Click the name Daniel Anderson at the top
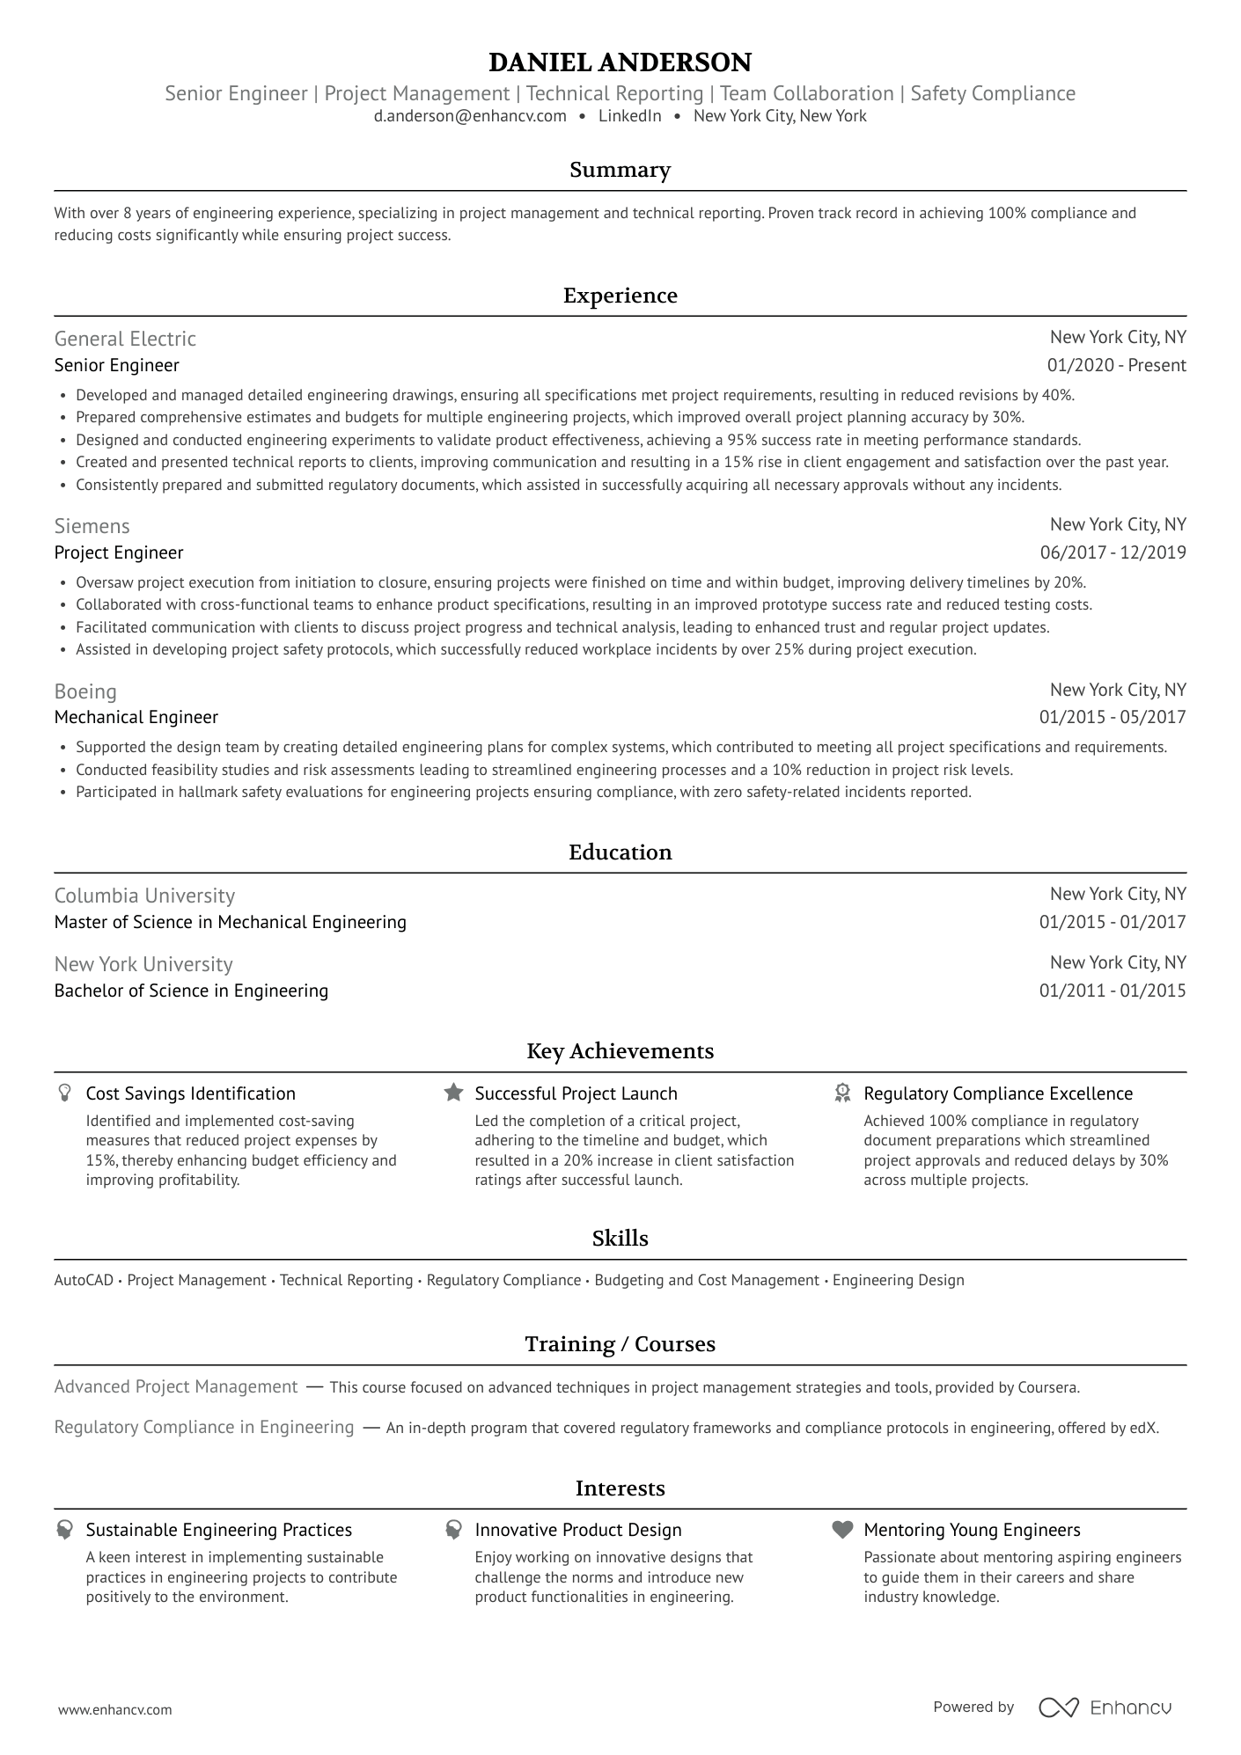pyautogui.click(x=620, y=62)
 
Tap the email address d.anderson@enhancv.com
pyautogui.click(x=470, y=116)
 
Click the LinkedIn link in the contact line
pyautogui.click(x=629, y=116)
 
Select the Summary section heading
pyautogui.click(x=620, y=170)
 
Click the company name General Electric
pyautogui.click(x=125, y=339)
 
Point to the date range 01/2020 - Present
pyautogui.click(x=1116, y=365)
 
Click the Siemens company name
pyautogui.click(x=92, y=526)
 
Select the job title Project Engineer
pyautogui.click(x=119, y=552)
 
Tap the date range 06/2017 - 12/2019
pyautogui.click(x=1112, y=552)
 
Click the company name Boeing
pyautogui.click(x=85, y=691)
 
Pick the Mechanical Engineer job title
pyautogui.click(x=136, y=717)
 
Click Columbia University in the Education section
pyautogui.click(x=144, y=896)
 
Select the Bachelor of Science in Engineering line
pyautogui.click(x=191, y=991)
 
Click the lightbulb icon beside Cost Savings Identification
pyautogui.click(x=64, y=1093)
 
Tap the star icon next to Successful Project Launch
pyautogui.click(x=453, y=1093)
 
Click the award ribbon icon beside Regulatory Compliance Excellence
pyautogui.click(x=842, y=1093)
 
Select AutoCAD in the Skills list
pyautogui.click(x=84, y=1280)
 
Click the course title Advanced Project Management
pyautogui.click(x=176, y=1386)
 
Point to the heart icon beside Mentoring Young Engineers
pyautogui.click(x=842, y=1530)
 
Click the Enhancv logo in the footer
pyautogui.click(x=1105, y=1707)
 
